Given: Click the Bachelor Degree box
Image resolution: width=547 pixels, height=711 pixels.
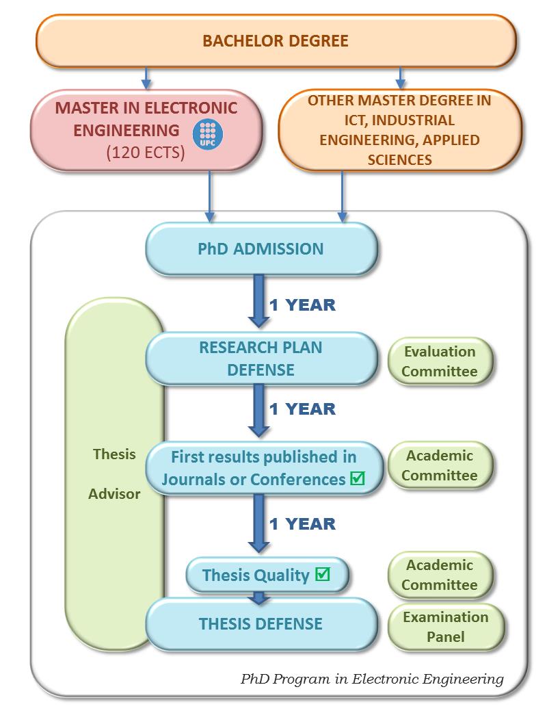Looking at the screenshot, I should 275,41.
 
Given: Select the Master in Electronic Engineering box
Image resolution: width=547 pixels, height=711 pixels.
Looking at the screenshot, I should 146,130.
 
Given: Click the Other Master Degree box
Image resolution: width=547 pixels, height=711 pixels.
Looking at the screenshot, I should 399,130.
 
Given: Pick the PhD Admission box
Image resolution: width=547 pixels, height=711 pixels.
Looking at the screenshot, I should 261,248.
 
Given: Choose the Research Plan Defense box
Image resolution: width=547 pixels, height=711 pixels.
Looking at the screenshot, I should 261,358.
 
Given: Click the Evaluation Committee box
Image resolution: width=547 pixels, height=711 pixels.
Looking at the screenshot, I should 440,361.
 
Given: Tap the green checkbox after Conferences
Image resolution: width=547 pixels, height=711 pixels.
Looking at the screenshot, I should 356,479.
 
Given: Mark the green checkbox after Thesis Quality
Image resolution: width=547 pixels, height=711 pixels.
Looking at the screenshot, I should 322,575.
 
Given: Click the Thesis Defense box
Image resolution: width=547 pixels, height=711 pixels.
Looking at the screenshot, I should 261,623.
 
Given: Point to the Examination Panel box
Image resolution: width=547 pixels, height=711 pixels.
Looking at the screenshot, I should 446,626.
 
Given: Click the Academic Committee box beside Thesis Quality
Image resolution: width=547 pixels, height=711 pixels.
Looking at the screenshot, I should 440,575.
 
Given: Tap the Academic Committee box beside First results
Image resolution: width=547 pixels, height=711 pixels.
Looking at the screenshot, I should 440,465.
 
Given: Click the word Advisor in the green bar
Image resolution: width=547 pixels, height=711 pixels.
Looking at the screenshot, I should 114,493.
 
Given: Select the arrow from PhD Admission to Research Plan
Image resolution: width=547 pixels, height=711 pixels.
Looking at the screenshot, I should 259,301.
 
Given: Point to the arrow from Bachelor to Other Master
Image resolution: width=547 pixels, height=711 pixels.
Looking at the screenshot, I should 401,78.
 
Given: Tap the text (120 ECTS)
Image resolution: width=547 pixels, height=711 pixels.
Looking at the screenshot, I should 146,152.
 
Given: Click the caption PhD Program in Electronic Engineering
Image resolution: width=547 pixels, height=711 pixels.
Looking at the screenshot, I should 372,679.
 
